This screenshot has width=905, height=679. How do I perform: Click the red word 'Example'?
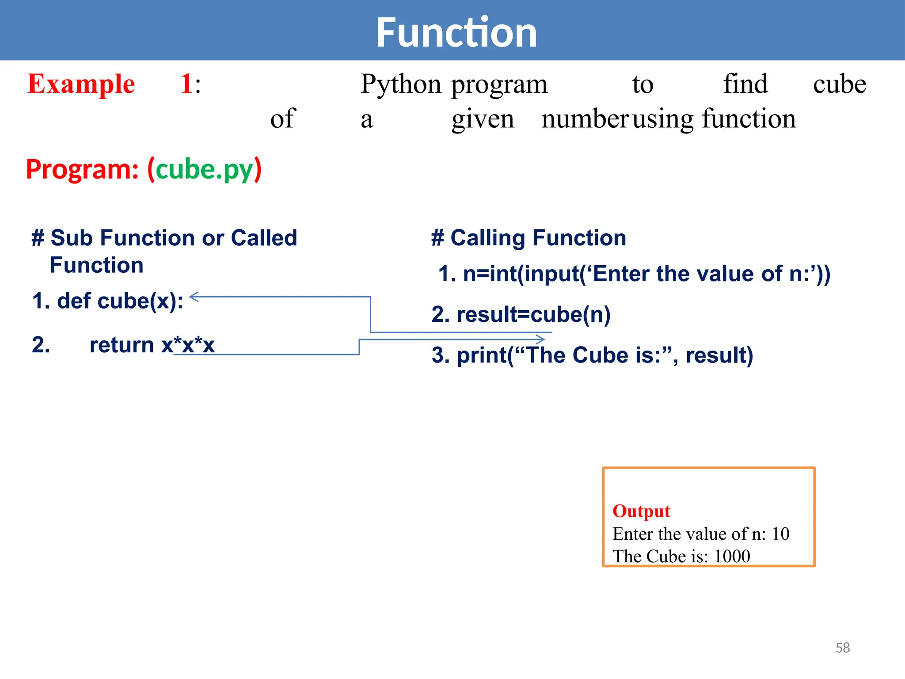point(81,84)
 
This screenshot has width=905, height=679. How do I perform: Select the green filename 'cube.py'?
point(204,169)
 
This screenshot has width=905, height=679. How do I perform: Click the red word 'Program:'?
point(82,169)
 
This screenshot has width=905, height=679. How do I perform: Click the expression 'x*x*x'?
point(188,345)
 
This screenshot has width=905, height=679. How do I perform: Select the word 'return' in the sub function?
point(122,345)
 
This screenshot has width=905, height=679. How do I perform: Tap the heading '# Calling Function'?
point(529,238)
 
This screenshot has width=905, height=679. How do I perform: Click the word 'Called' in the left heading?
point(264,238)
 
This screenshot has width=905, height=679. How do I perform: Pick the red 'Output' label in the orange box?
point(641,511)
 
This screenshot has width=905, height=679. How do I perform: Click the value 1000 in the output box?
point(732,556)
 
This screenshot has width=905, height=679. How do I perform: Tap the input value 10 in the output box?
point(780,534)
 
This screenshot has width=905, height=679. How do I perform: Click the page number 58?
point(843,648)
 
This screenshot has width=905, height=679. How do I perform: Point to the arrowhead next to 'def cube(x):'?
point(194,297)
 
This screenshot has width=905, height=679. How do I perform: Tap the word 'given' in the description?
point(483,119)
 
